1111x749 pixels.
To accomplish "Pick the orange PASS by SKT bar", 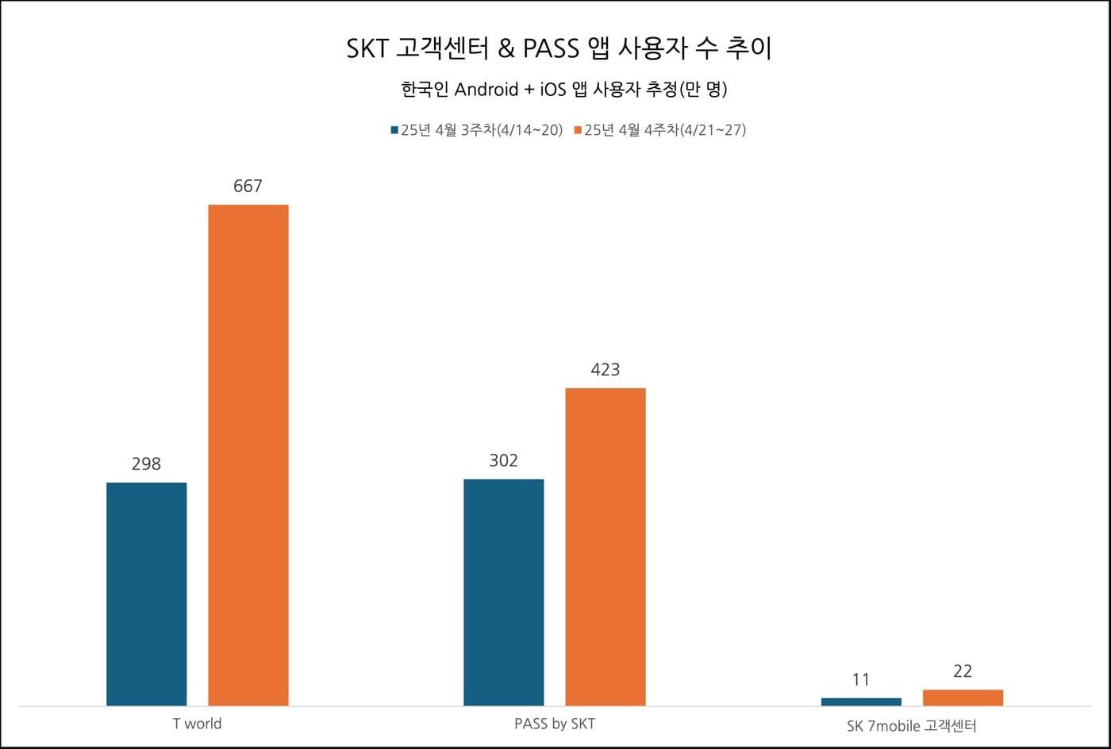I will coord(605,547).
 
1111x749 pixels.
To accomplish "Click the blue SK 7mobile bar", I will coord(861,701).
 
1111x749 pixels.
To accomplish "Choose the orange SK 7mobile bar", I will coord(963,697).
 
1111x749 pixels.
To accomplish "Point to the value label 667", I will coord(248,186).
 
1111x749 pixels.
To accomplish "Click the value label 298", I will coord(146,464).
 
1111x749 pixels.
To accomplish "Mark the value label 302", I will coord(503,461).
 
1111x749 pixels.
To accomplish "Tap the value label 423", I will coord(605,370).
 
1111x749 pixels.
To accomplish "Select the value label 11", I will coord(861,680).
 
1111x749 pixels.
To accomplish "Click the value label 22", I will coord(963,671).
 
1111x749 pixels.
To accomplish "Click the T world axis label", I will coord(197,724).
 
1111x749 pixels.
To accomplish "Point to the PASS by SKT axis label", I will coord(554,724).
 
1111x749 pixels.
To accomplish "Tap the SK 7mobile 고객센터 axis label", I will coord(911,725).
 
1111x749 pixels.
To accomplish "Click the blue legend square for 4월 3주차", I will coord(394,130).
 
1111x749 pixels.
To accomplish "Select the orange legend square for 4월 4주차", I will coord(578,130).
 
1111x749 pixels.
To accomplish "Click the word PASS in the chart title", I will coord(552,49).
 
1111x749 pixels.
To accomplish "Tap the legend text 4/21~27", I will coord(712,130).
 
